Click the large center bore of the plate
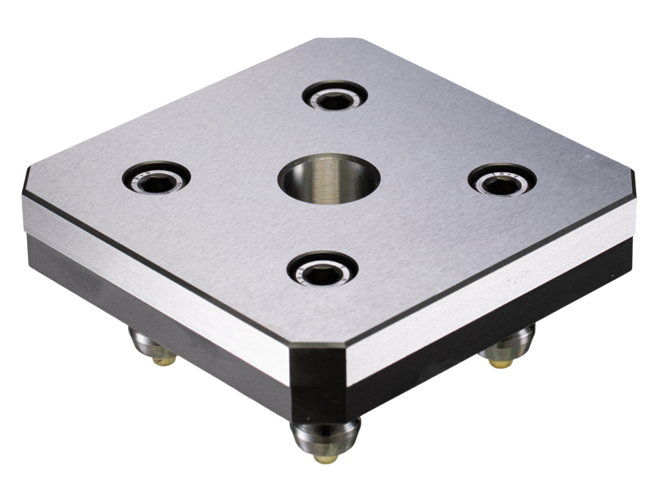pyautogui.click(x=329, y=180)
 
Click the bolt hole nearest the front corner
pyautogui.click(x=322, y=269)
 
